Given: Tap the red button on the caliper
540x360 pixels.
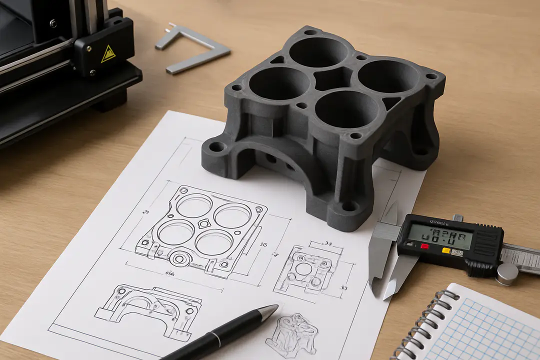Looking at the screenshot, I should pos(424,246).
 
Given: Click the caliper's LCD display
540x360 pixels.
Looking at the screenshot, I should pos(440,235).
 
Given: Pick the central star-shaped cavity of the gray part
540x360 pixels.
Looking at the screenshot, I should pos(332,79).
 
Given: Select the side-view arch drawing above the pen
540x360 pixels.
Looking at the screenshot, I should pos(148,305).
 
